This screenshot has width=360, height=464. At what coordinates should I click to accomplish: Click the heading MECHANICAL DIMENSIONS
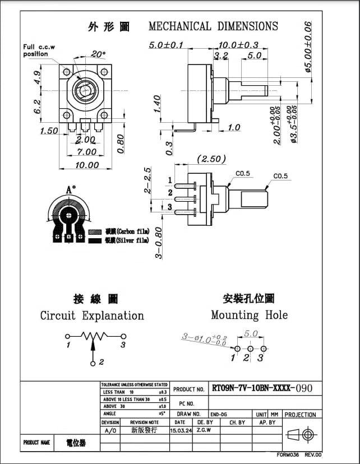point(213,26)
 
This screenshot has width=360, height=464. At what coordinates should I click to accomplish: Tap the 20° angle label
point(98,54)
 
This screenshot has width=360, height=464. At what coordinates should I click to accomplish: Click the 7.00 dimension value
point(86,152)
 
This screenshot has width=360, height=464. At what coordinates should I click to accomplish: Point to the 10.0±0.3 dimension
point(238,45)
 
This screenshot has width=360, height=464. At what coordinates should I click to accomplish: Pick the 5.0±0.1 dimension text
point(166,45)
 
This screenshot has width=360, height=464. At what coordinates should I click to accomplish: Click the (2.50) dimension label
point(211,159)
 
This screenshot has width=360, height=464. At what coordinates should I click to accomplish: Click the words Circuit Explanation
point(92,315)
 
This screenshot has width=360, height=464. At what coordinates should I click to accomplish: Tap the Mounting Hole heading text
point(249,315)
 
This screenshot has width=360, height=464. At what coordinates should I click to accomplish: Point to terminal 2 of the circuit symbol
point(94,362)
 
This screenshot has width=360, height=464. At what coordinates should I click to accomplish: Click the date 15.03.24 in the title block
point(180,430)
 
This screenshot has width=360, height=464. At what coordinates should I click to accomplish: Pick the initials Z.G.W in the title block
point(204,430)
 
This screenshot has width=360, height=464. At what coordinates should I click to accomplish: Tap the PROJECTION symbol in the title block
point(300,434)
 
